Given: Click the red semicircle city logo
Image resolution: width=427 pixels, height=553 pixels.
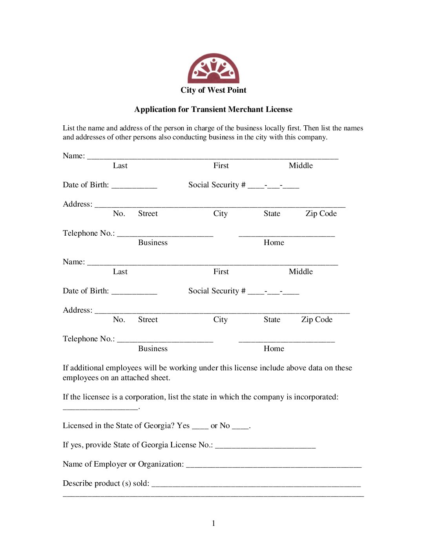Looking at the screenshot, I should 213,68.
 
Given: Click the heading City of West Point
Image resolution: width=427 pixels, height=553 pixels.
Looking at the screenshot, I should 213,90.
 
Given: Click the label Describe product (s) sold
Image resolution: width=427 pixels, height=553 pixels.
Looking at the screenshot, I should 106,483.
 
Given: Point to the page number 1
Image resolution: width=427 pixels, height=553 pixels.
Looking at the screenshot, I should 213,524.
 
